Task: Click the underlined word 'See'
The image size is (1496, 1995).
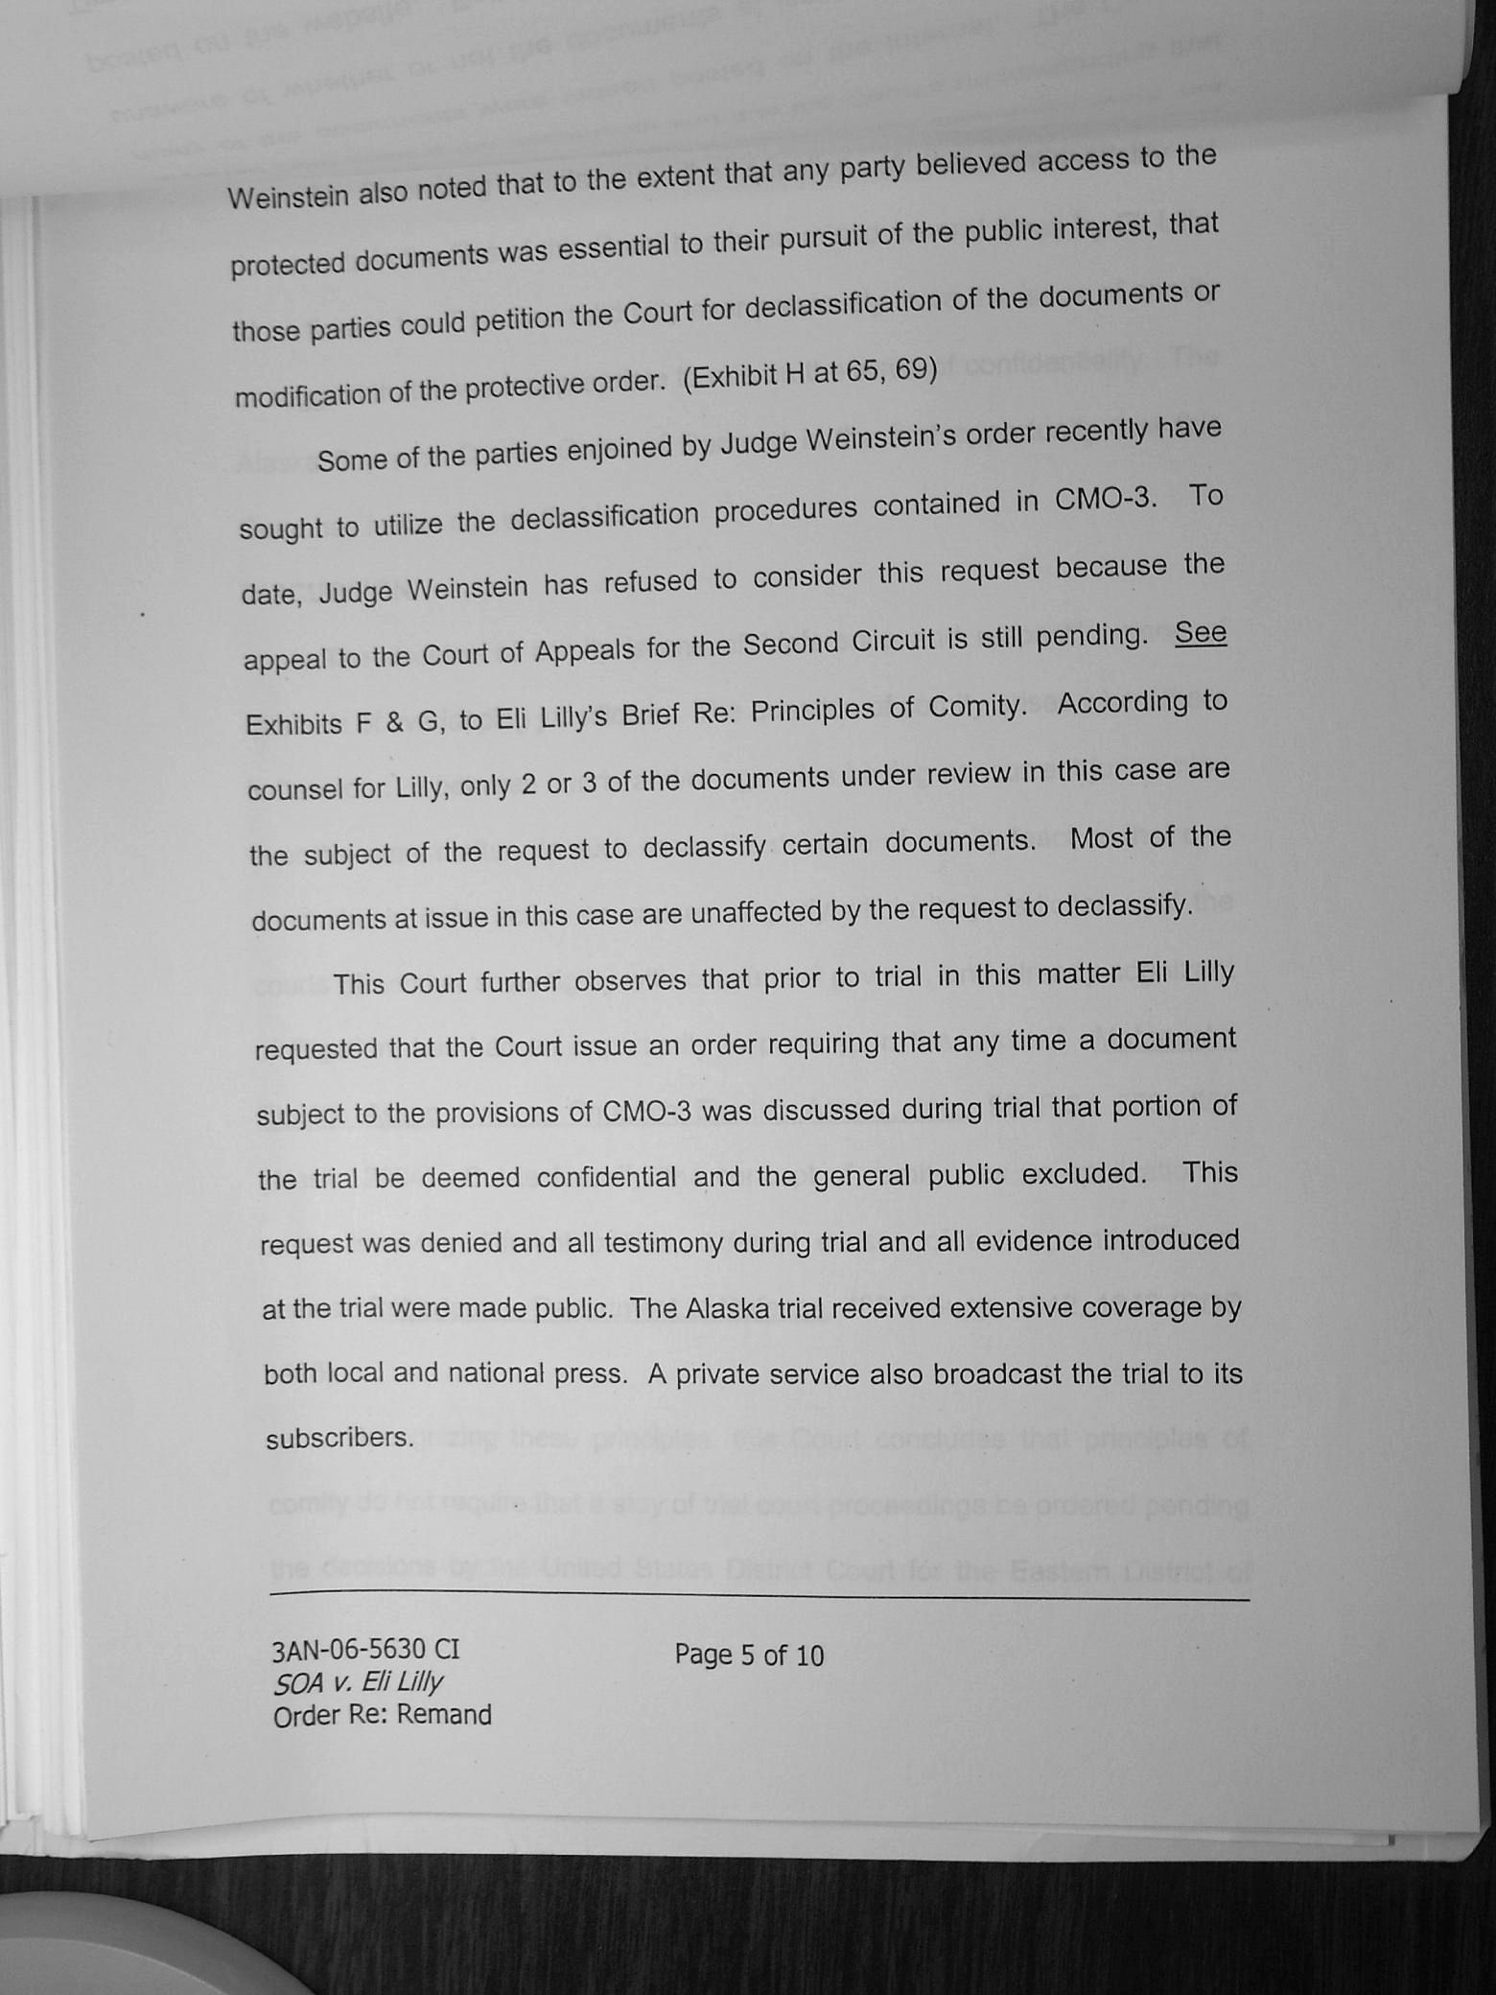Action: click(x=1200, y=633)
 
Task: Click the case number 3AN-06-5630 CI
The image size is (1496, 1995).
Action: click(x=365, y=1649)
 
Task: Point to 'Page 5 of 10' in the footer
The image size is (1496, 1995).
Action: click(x=748, y=1655)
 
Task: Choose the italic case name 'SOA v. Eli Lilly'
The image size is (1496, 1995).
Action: click(x=358, y=1681)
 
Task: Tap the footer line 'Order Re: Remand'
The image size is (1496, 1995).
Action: click(x=382, y=1715)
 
